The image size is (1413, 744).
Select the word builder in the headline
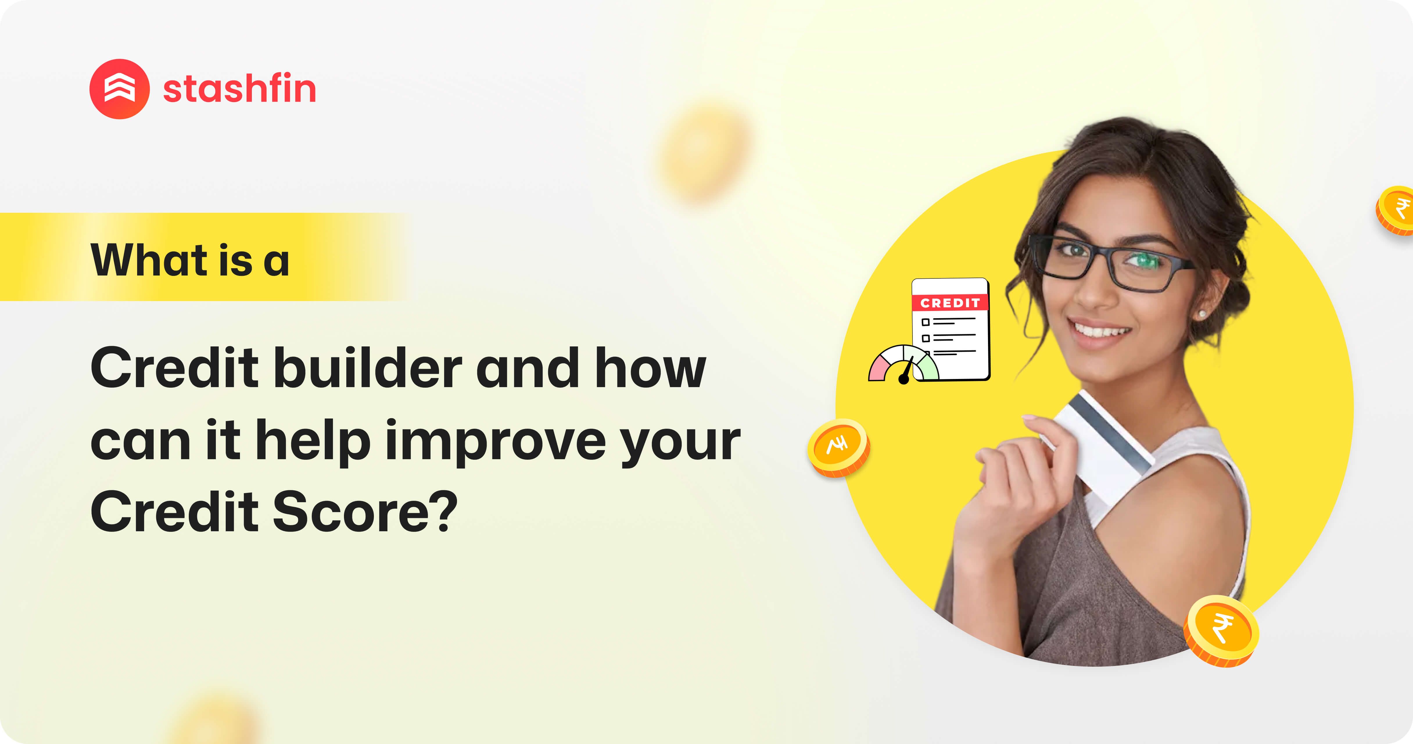367,368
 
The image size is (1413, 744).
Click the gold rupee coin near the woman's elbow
1221,631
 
